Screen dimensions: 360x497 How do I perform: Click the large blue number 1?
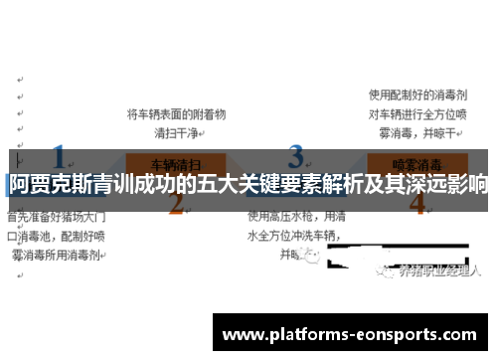[x=59, y=158]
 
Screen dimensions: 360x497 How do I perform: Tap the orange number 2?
[x=177, y=203]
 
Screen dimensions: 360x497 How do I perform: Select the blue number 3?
[x=295, y=157]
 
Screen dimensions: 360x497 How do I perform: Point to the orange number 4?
[x=416, y=203]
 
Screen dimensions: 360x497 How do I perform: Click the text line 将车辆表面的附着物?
[x=177, y=114]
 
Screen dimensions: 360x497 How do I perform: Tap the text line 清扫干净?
[x=177, y=132]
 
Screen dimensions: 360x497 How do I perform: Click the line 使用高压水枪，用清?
[x=296, y=216]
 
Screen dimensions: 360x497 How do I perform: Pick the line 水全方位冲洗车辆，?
[x=296, y=236]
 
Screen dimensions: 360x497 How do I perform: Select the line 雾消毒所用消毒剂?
[x=54, y=255]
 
